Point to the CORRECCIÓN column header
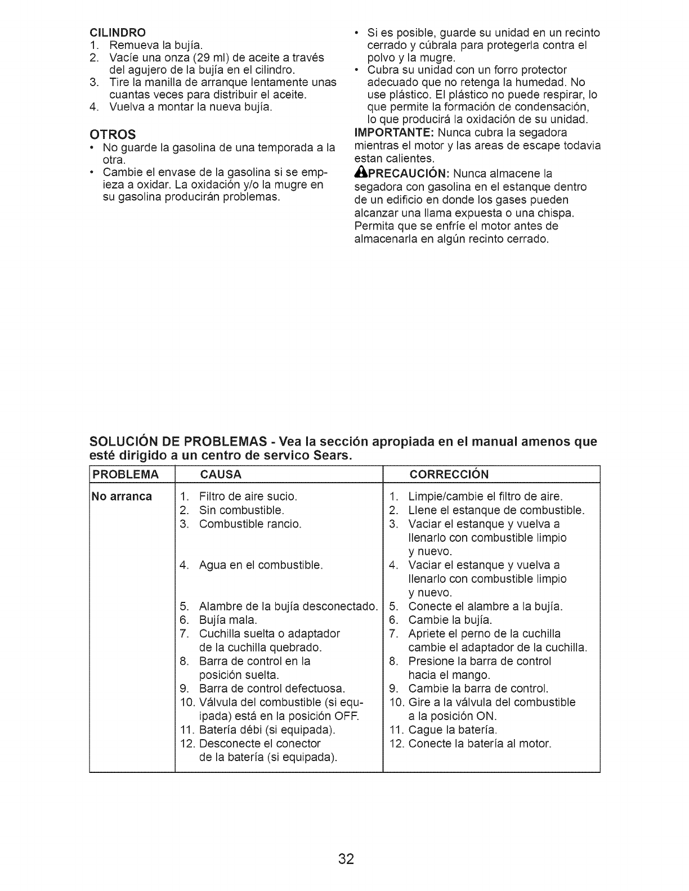pos(449,474)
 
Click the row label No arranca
pos(122,497)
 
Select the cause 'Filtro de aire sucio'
pos(248,497)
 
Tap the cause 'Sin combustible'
pos(241,511)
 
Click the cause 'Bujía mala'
pos(228,620)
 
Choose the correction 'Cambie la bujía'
pos(450,620)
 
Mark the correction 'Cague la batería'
pos(453,730)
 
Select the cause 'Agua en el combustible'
pos(261,565)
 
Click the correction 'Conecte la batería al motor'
pos(480,744)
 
